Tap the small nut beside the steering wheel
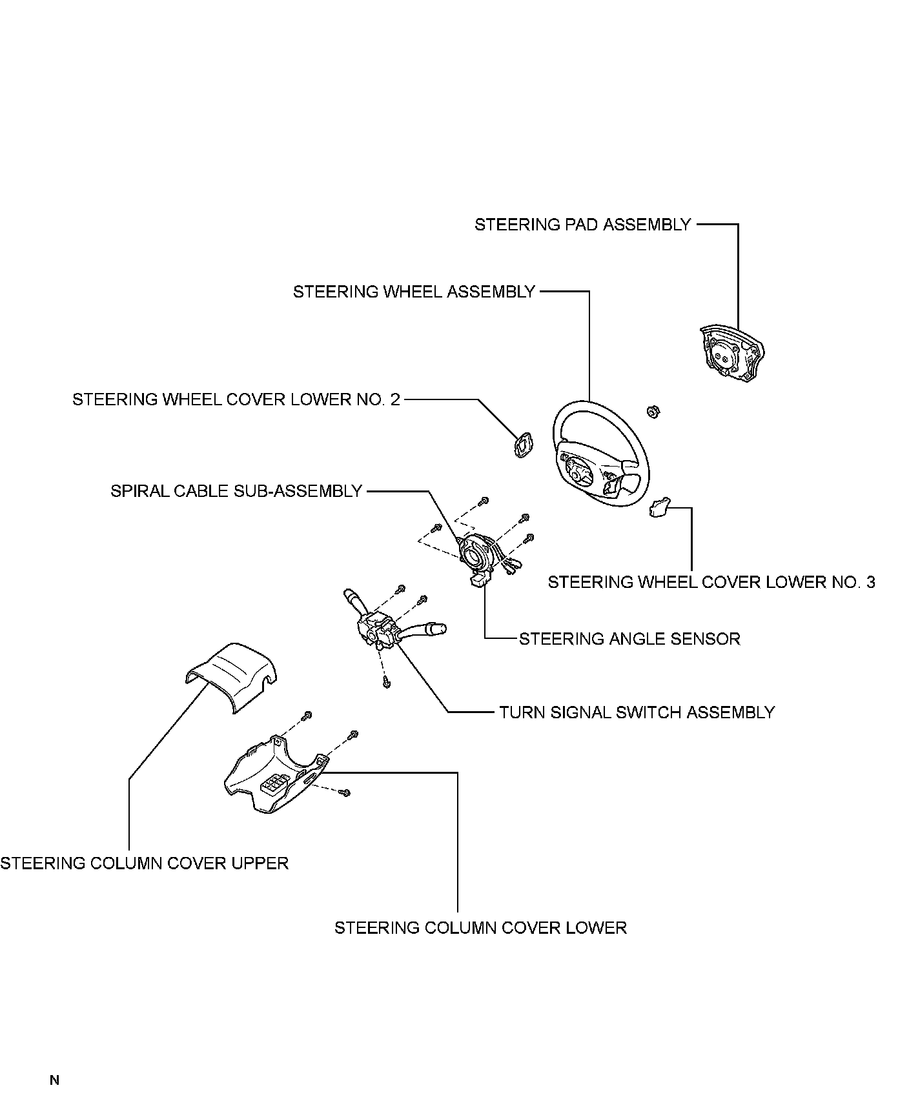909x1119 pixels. (652, 410)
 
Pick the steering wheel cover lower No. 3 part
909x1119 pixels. (660, 507)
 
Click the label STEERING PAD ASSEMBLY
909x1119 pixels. (582, 225)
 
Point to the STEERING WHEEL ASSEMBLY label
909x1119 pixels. (414, 292)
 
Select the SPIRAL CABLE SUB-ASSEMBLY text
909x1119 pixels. (236, 491)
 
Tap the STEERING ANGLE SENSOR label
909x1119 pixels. (629, 639)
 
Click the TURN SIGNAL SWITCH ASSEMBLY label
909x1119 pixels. (637, 712)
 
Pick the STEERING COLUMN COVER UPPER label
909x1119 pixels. (144, 863)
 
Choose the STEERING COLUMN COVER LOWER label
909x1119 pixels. (480, 928)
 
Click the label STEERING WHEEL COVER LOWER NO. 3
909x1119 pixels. (711, 582)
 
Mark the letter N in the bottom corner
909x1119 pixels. (54, 1080)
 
